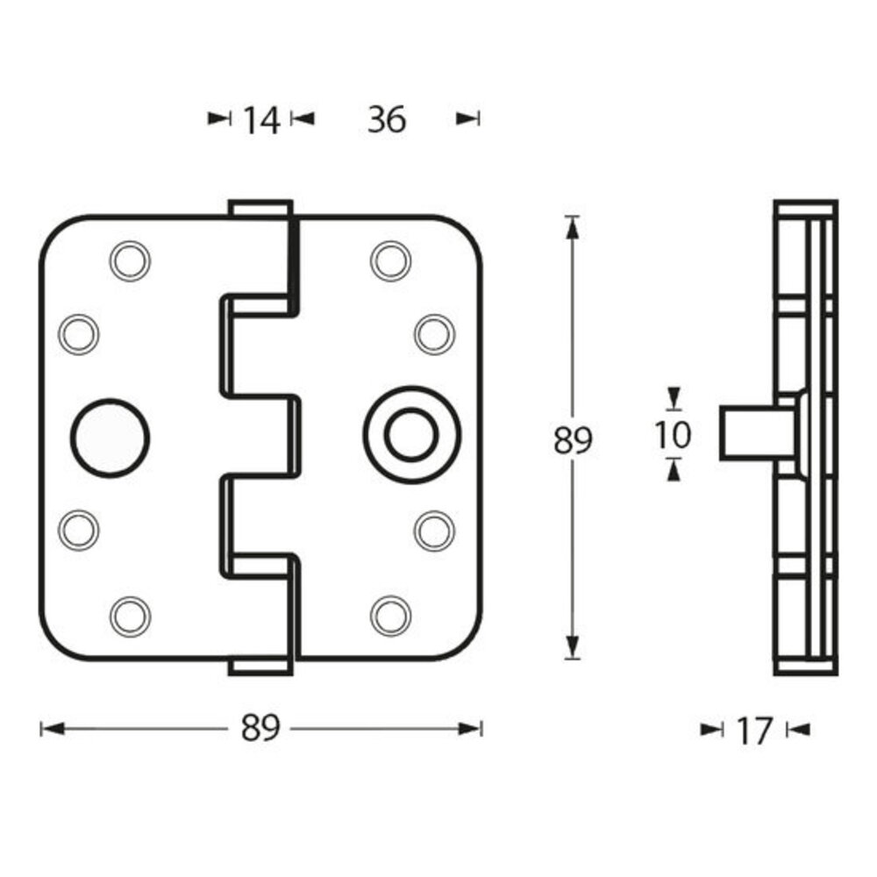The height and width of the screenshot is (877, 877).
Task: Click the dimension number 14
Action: [260, 120]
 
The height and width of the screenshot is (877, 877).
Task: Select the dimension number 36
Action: [387, 119]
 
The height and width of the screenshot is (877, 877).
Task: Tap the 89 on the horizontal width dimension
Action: [260, 728]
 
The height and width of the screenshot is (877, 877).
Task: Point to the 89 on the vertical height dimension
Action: [573, 440]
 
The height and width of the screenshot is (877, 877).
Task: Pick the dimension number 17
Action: [754, 730]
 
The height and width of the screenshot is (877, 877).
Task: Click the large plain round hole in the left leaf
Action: [110, 438]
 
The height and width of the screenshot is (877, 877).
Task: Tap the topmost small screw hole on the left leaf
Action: [130, 260]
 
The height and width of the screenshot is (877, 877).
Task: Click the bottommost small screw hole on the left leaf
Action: [130, 616]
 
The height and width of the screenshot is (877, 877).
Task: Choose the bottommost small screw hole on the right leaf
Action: [390, 616]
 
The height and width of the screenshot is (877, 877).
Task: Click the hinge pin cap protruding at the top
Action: [260, 209]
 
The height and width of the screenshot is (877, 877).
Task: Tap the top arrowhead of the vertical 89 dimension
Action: [573, 226]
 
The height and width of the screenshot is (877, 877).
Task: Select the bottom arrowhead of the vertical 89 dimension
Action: [573, 649]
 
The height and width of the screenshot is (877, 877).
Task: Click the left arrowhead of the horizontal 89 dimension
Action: [52, 728]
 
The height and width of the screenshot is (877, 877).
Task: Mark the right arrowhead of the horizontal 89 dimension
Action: [473, 728]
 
